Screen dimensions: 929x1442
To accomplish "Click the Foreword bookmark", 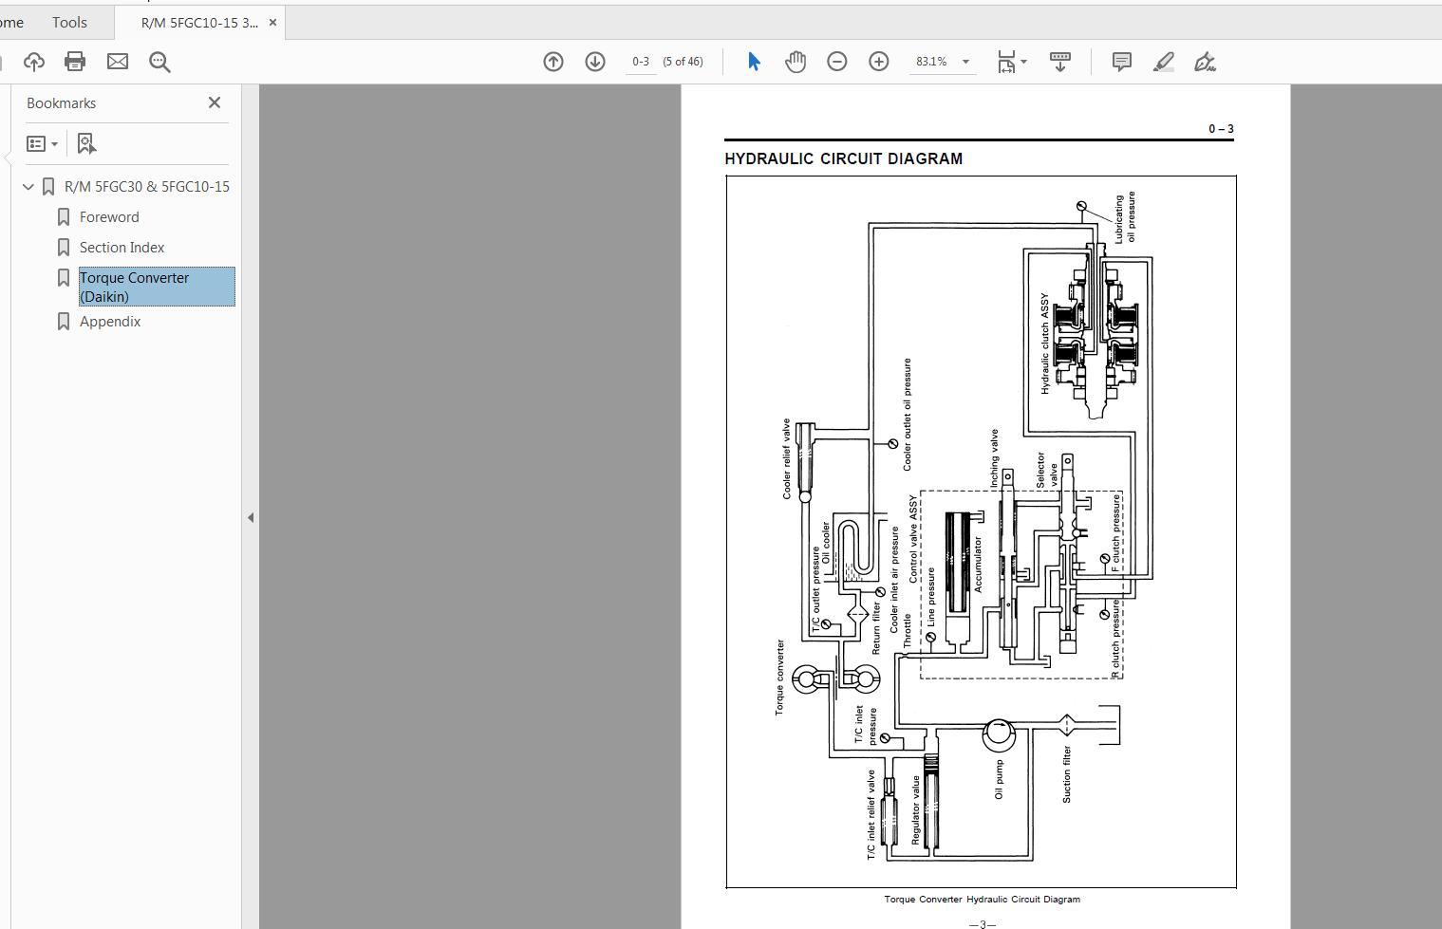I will pyautogui.click(x=109, y=217).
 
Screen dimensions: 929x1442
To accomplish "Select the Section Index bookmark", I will pyautogui.click(x=122, y=248).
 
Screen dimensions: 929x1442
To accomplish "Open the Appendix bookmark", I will pyautogui.click(x=110, y=322).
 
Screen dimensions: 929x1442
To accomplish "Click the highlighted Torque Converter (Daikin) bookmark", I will pyautogui.click(x=134, y=287).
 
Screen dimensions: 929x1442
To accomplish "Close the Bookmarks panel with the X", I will pyautogui.click(x=215, y=102).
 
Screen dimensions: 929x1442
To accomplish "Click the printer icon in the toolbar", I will pyautogui.click(x=75, y=62).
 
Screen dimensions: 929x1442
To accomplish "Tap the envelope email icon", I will pyautogui.click(x=118, y=62).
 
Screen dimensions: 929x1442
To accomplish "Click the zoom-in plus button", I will pyautogui.click(x=879, y=62).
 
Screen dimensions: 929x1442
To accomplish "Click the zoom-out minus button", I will pyautogui.click(x=837, y=62).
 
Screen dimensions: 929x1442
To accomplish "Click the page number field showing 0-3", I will pyautogui.click(x=641, y=62).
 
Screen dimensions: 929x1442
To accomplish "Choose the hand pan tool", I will pyautogui.click(x=796, y=62).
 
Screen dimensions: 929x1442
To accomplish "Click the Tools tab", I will pyautogui.click(x=69, y=22).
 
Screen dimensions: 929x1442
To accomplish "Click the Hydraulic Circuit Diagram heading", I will pyautogui.click(x=843, y=158).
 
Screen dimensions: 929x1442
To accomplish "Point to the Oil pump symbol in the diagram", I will pyautogui.click(x=998, y=733).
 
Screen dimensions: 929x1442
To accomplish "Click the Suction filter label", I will pyautogui.click(x=1067, y=774).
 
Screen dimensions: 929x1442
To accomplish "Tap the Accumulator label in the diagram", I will pyautogui.click(x=978, y=565).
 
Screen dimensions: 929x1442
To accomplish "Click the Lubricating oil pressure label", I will pyautogui.click(x=1125, y=217).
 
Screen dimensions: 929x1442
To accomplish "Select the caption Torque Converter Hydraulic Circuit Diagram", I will pyautogui.click(x=982, y=900).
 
